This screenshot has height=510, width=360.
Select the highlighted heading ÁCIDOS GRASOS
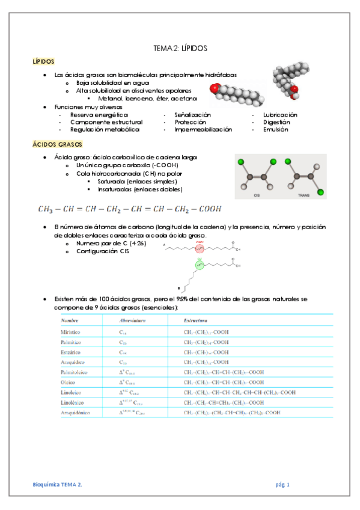pyautogui.click(x=53, y=145)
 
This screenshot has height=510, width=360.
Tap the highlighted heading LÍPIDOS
pyautogui.click(x=43, y=61)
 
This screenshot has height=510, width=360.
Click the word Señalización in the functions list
pyautogui.click(x=192, y=114)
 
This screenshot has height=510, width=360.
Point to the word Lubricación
pyautogui.click(x=280, y=114)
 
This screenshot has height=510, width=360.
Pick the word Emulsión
pyautogui.click(x=276, y=129)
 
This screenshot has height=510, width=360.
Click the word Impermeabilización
pyautogui.click(x=203, y=129)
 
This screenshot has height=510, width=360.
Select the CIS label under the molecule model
pyautogui.click(x=257, y=195)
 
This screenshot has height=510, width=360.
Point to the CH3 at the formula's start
pyautogui.click(x=45, y=209)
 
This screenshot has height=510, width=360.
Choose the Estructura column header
pyautogui.click(x=196, y=321)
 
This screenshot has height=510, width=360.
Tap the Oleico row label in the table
pyautogui.click(x=69, y=382)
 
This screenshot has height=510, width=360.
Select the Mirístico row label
pyautogui.click(x=71, y=331)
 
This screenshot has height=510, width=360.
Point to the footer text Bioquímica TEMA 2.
pyautogui.click(x=58, y=484)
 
